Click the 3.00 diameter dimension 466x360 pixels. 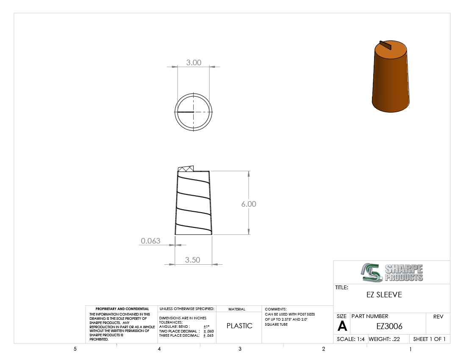[194, 63]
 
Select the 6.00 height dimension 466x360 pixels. [249, 204]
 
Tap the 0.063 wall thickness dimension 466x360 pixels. [151, 241]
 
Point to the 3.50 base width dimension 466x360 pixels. [193, 260]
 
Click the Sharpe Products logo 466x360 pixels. [392, 272]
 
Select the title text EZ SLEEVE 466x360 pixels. [384, 295]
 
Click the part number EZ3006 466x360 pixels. [389, 326]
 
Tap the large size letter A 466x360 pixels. [342, 326]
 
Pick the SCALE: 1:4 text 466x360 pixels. [351, 339]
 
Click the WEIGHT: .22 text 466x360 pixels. [384, 339]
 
